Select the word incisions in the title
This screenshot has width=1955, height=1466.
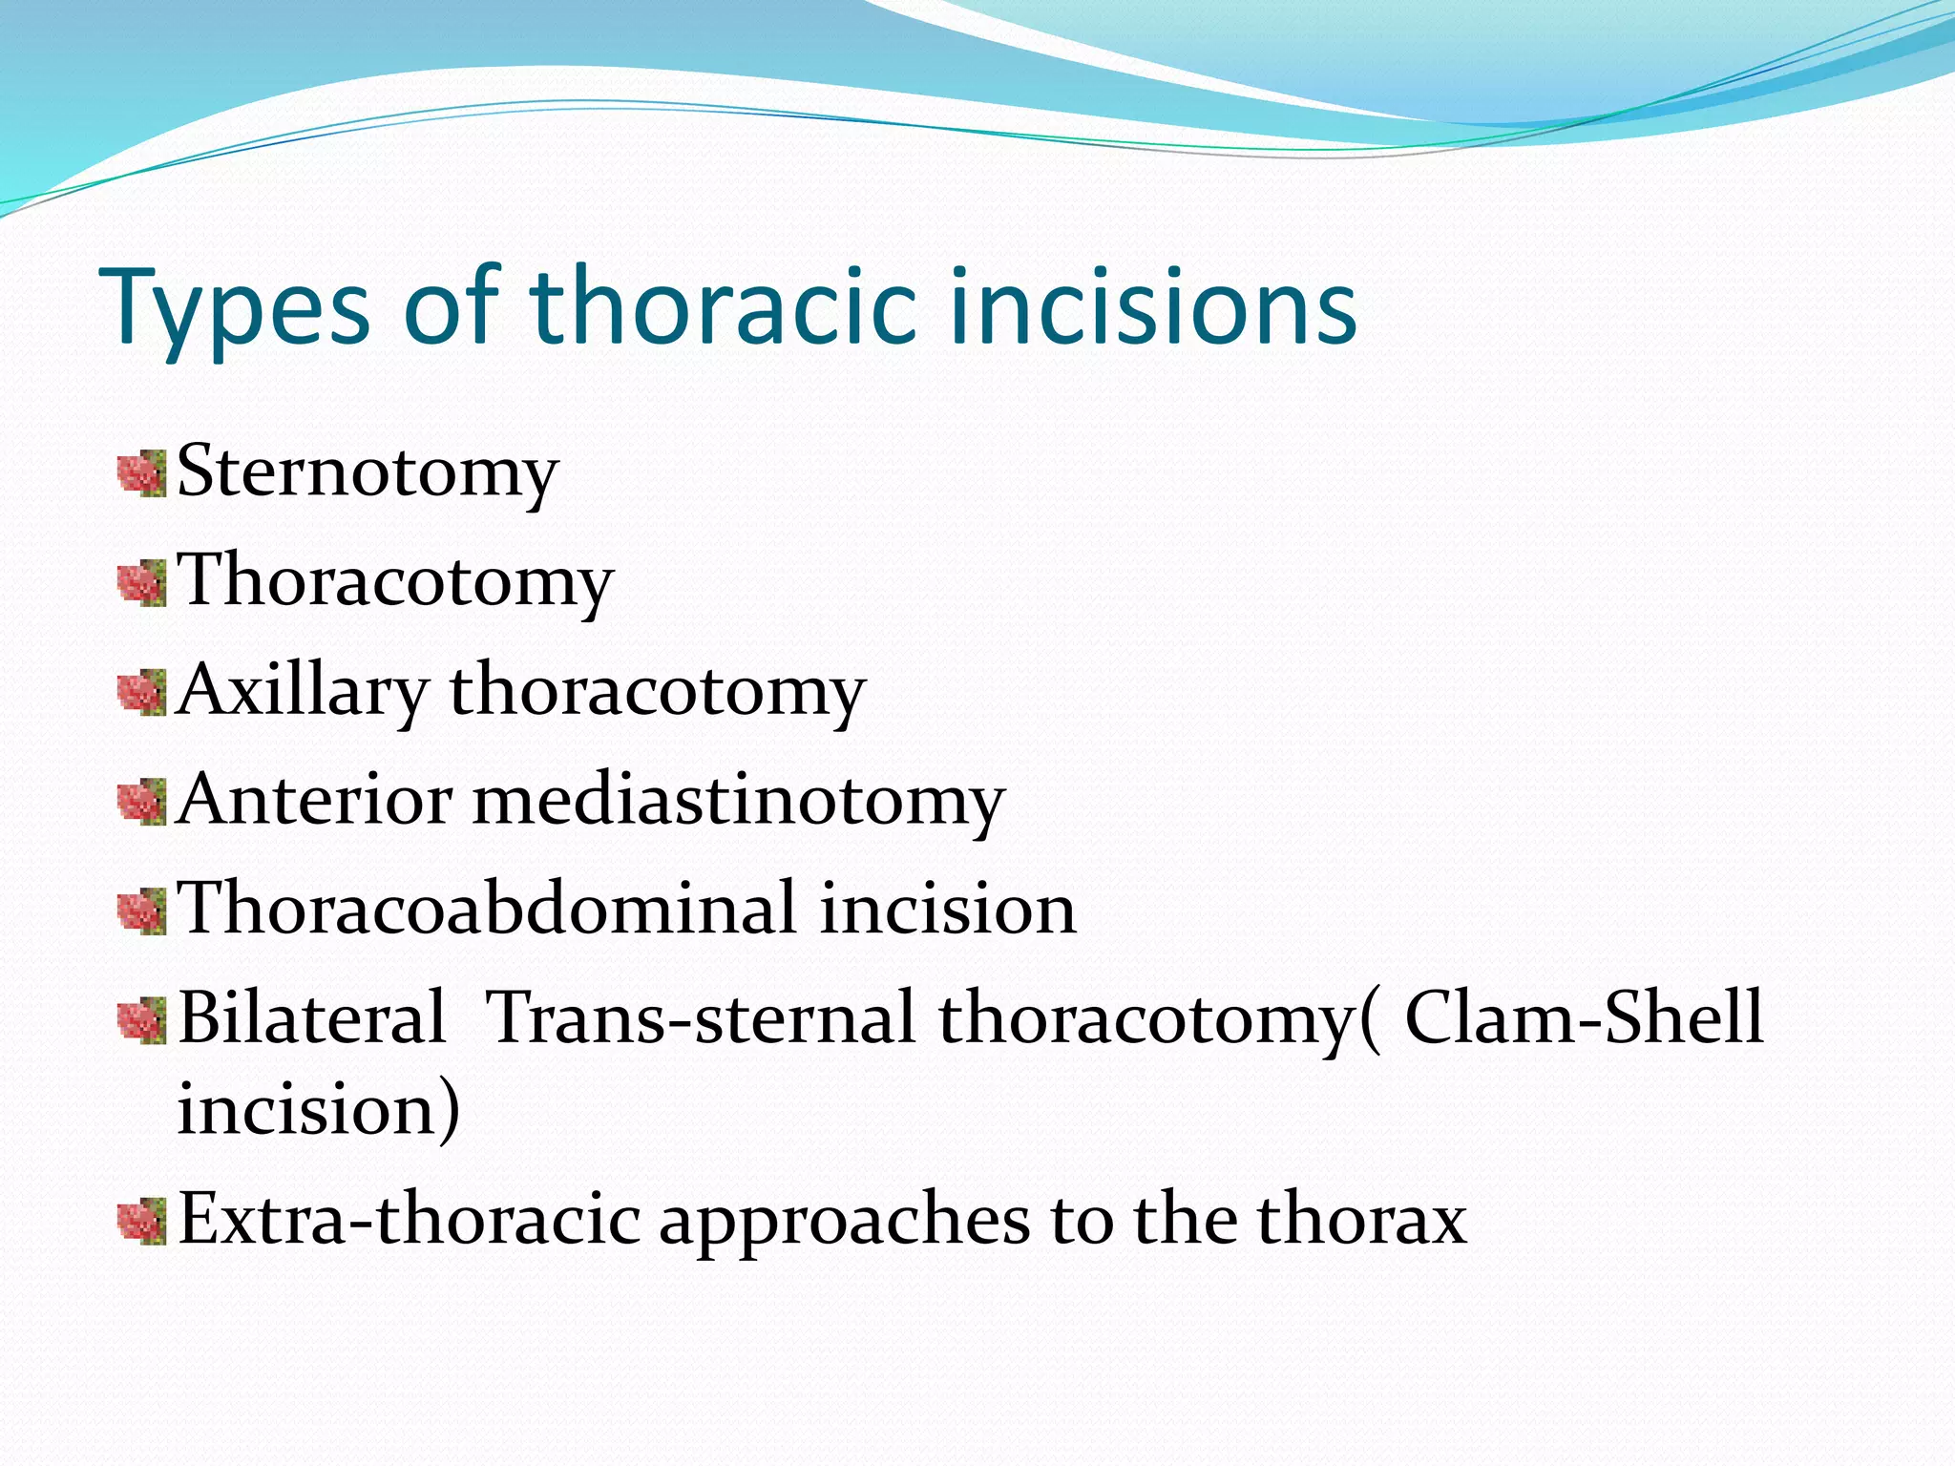tap(1154, 307)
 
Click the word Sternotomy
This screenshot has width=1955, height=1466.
tap(368, 472)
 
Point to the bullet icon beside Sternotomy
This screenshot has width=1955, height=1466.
tap(142, 474)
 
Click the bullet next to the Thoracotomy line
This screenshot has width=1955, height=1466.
tap(142, 583)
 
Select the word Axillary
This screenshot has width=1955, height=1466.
tap(303, 690)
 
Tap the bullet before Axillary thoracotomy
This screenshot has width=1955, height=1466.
tap(142, 692)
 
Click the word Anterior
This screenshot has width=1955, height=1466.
tap(315, 799)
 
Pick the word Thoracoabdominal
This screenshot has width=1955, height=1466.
tap(488, 908)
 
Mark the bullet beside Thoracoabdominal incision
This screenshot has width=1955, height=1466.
tap(142, 911)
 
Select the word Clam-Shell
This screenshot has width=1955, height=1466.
tap(1584, 1017)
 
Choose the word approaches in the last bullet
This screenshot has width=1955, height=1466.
tap(845, 1222)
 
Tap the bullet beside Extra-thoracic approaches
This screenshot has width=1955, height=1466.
tap(142, 1223)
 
